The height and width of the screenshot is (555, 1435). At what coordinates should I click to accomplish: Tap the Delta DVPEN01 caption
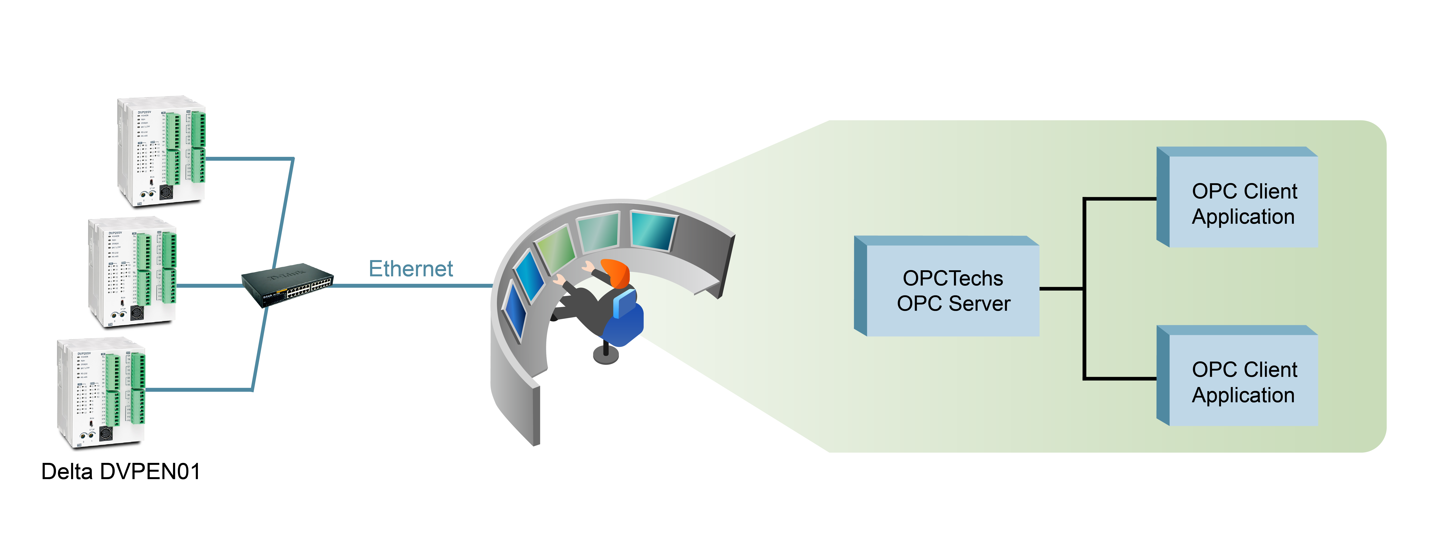point(120,471)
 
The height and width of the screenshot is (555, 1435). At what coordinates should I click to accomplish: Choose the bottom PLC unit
point(101,392)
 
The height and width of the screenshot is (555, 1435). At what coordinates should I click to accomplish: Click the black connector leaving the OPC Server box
point(1061,288)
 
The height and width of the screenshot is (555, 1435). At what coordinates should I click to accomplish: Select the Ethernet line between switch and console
point(412,286)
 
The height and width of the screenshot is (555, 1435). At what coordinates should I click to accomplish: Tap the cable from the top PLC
point(251,159)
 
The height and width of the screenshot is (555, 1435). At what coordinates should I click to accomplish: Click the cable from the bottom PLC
point(201,390)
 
